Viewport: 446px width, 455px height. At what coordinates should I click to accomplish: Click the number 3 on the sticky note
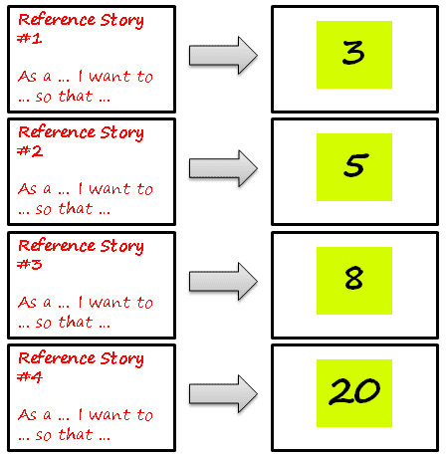coord(353,54)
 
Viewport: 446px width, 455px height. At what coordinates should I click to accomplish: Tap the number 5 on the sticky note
coord(353,166)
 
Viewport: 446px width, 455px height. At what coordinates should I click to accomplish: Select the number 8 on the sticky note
coord(353,279)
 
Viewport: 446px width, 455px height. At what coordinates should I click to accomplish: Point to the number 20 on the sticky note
coord(354,391)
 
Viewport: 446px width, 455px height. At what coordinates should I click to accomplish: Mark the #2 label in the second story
coord(28,151)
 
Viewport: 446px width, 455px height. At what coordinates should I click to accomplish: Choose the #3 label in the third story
coord(28,265)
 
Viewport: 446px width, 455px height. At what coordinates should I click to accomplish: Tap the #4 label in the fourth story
coord(28,377)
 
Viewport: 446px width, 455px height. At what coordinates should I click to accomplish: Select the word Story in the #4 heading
coord(122,358)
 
